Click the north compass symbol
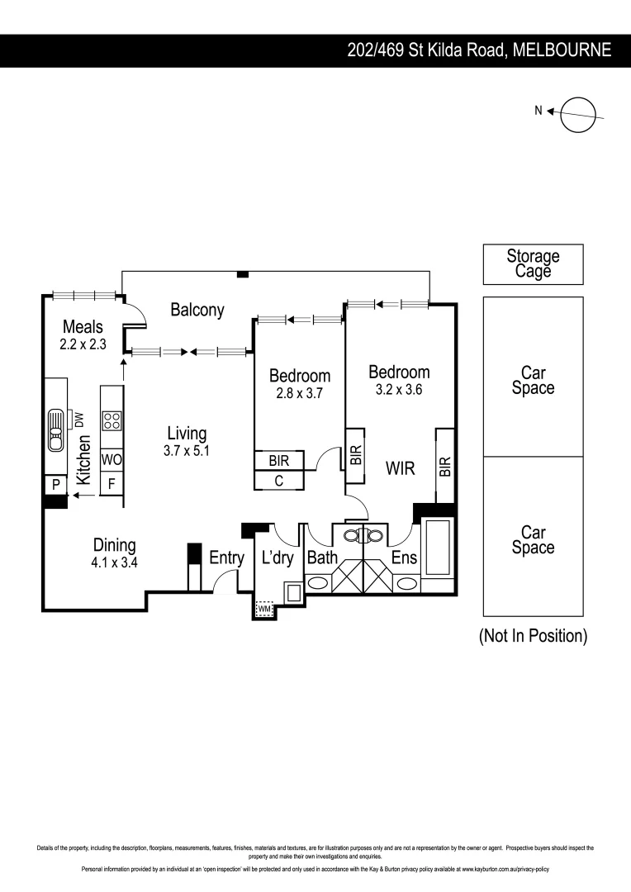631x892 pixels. (577, 114)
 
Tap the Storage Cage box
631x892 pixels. (533, 264)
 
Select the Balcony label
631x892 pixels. (197, 310)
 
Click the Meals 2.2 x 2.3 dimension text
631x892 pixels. (83, 344)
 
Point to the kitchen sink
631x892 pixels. (55, 429)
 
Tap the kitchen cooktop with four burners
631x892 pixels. (111, 420)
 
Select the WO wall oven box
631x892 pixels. (111, 458)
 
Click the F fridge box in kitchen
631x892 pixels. (111, 483)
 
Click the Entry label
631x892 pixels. (226, 558)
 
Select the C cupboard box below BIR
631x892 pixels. (279, 480)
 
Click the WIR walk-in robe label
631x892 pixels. (400, 469)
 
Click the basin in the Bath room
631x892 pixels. (320, 583)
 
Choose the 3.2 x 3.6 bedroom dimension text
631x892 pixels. (399, 391)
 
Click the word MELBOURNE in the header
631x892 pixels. (562, 50)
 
